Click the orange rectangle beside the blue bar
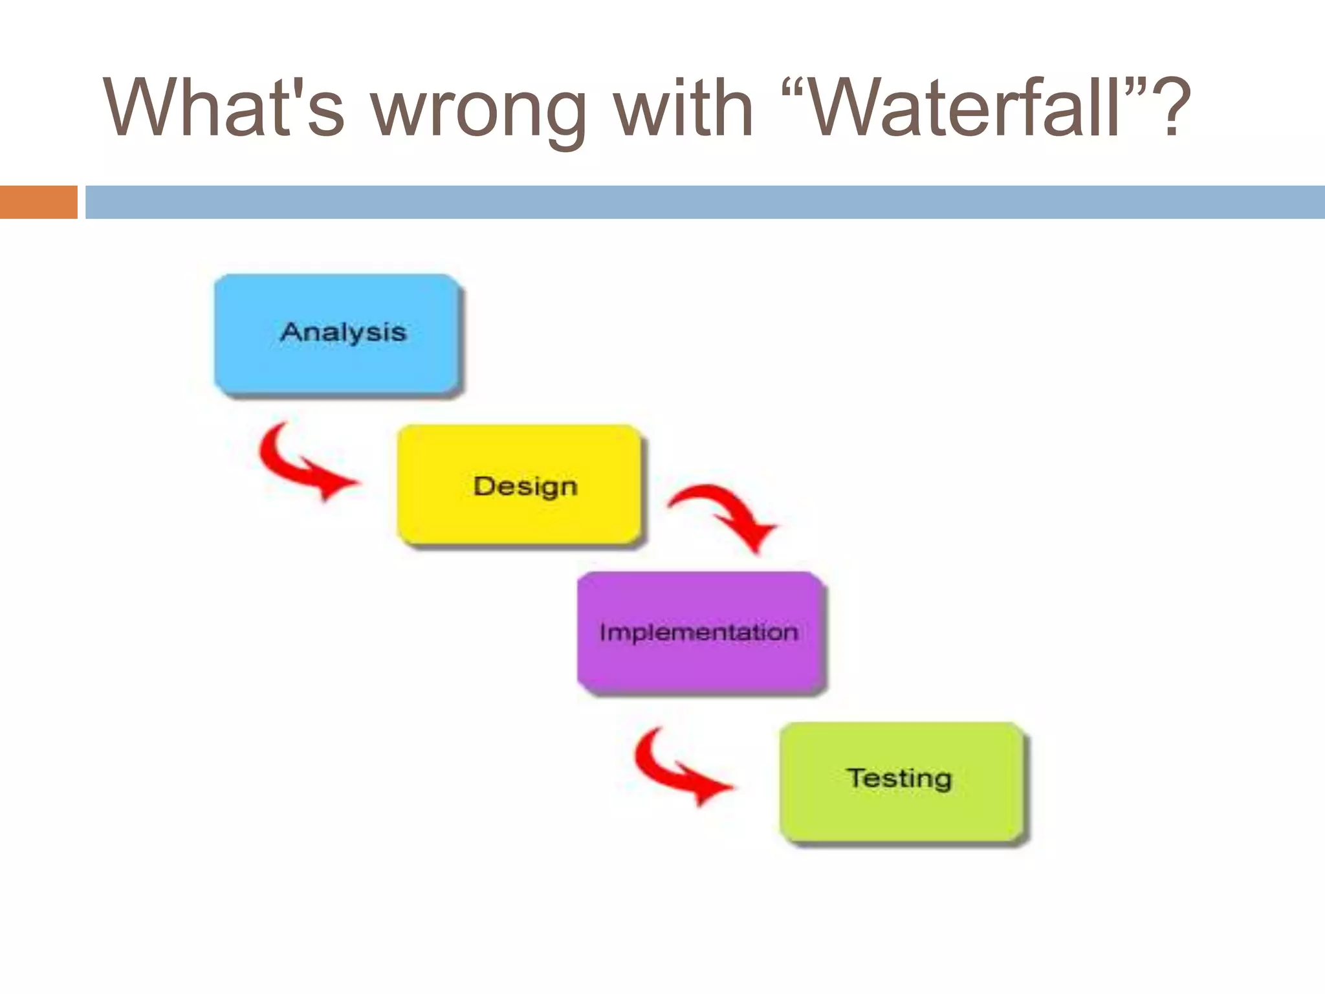pos(38,202)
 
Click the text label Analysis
pos(343,332)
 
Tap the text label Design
pos(525,486)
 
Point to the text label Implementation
pos(699,632)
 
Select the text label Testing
pos(899,778)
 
